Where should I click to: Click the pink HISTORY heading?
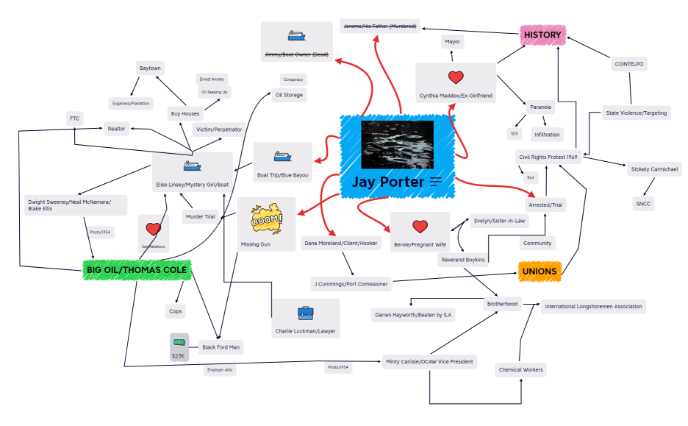pyautogui.click(x=542, y=35)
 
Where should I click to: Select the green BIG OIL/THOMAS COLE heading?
pyautogui.click(x=137, y=271)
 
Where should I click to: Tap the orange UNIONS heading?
pyautogui.click(x=540, y=271)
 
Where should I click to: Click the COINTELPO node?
pyautogui.click(x=628, y=64)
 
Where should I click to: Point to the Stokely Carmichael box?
pyautogui.click(x=655, y=169)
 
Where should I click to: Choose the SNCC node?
pyautogui.click(x=644, y=204)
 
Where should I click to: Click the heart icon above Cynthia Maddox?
pyautogui.click(x=456, y=77)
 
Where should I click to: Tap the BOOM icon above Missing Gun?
pyautogui.click(x=265, y=219)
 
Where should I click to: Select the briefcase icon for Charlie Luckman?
pyautogui.click(x=305, y=313)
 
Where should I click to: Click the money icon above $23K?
pyautogui.click(x=179, y=342)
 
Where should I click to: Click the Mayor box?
pyautogui.click(x=452, y=42)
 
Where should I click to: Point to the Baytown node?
pyautogui.click(x=150, y=68)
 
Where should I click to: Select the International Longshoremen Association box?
pyautogui.click(x=594, y=306)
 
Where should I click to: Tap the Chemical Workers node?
pyautogui.click(x=520, y=369)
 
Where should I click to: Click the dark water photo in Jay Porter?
pyautogui.click(x=397, y=145)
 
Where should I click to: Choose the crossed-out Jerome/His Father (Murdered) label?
pyautogui.click(x=380, y=26)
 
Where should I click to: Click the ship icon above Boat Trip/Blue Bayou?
pyautogui.click(x=283, y=157)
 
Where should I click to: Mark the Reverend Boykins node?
pyautogui.click(x=462, y=260)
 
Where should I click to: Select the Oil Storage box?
pyautogui.click(x=289, y=94)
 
